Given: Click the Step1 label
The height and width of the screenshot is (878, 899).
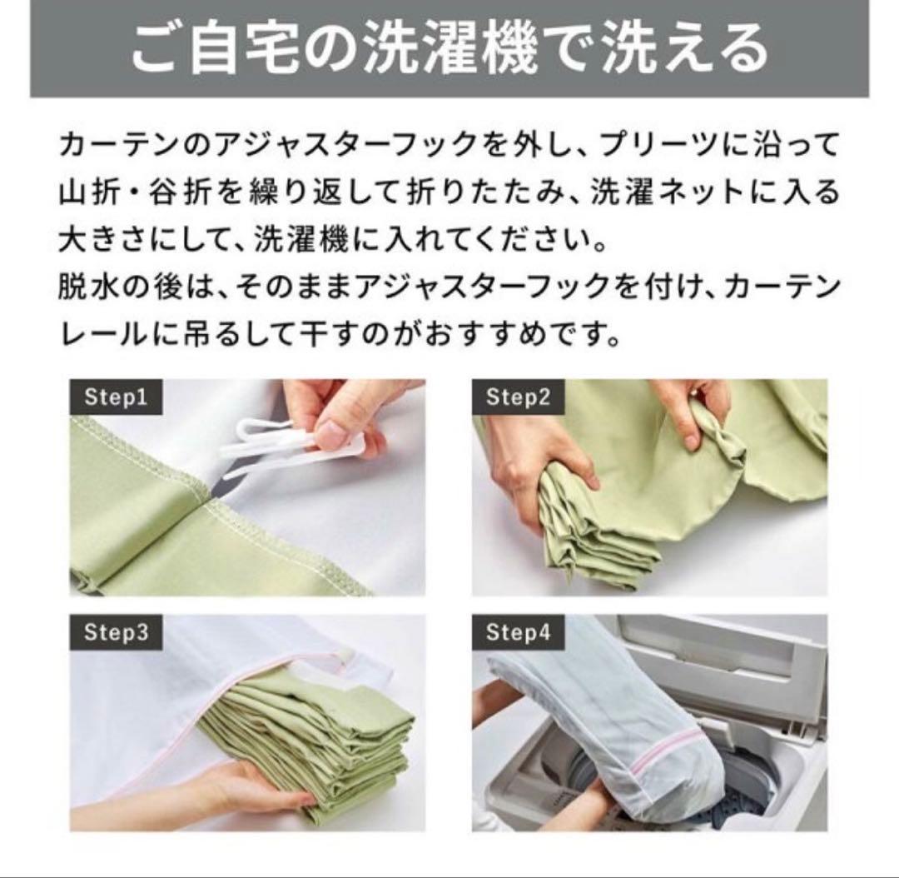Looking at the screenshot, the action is (x=116, y=397).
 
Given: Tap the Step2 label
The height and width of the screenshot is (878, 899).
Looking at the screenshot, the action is (x=518, y=397).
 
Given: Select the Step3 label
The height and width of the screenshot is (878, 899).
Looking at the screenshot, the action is (x=116, y=632).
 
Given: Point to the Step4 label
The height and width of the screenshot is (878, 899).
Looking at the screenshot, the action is (x=518, y=632).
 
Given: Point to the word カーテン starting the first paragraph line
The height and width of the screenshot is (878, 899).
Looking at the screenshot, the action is (x=118, y=145).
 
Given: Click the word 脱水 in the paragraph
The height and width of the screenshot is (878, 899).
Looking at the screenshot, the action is (x=89, y=285).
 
